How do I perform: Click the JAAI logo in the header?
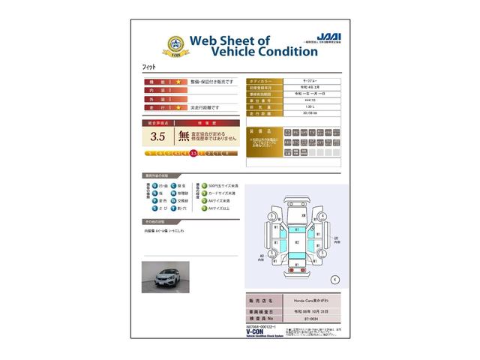(x=328, y=35)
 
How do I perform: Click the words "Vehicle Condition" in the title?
(x=254, y=52)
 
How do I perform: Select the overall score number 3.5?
(x=157, y=136)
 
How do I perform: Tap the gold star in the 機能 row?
(x=178, y=81)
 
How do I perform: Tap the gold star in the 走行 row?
(x=178, y=108)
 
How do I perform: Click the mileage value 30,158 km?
(x=310, y=113)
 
